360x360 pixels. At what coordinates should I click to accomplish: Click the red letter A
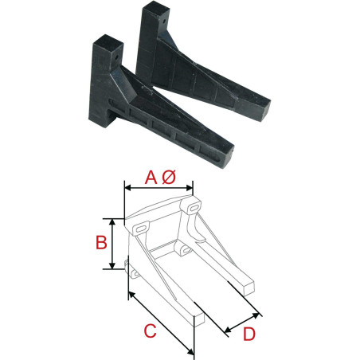pos(151,178)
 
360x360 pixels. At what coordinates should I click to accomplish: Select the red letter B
pos(101,243)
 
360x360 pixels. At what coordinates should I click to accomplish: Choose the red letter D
pos(248,334)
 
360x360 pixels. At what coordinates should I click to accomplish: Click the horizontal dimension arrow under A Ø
pos(158,189)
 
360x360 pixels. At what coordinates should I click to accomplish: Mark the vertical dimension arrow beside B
pos(113,243)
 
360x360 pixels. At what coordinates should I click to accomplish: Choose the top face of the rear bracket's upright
pos(153,9)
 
